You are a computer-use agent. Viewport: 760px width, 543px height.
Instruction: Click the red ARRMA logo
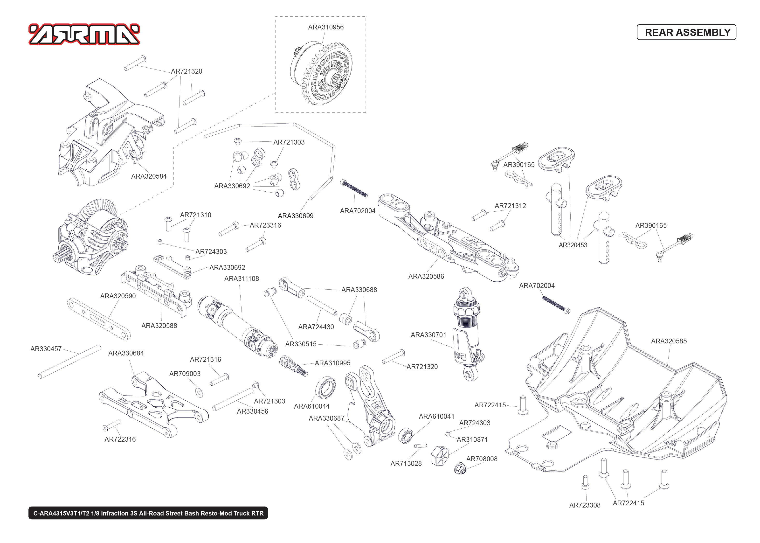[x=84, y=34]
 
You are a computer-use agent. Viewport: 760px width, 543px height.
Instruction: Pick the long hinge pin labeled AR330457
[x=69, y=362]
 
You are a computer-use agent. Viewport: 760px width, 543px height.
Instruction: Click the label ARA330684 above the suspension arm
[x=126, y=353]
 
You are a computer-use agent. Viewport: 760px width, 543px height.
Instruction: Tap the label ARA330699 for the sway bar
[x=296, y=216]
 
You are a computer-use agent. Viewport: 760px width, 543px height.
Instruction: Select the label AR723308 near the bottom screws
[x=585, y=505]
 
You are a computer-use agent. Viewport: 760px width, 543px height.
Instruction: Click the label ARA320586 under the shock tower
[x=426, y=276]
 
